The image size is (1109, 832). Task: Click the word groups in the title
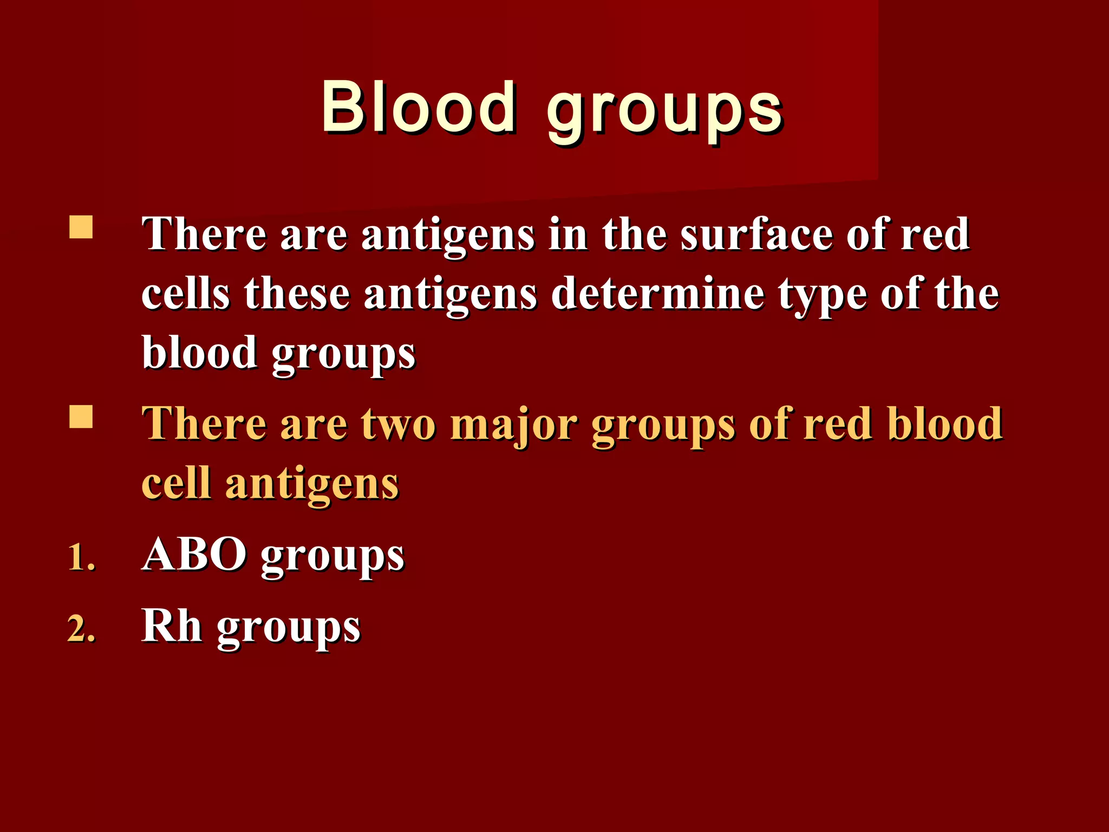(664, 111)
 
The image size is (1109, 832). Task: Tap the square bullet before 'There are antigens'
(81, 227)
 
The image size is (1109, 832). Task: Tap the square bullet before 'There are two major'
(81, 417)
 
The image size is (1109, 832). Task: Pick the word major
(513, 427)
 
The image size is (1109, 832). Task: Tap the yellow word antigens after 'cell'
(312, 486)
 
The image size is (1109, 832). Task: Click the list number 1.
(81, 558)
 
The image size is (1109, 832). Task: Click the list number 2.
(81, 629)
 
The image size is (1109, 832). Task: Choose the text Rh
(172, 626)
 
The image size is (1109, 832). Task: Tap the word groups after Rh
(288, 629)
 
